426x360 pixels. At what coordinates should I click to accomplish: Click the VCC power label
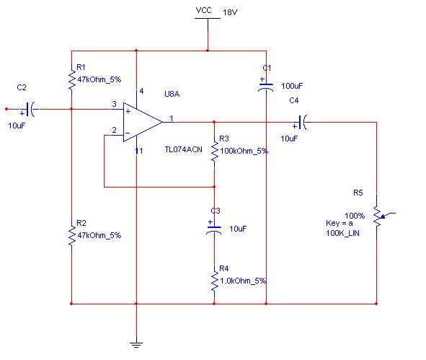click(x=203, y=10)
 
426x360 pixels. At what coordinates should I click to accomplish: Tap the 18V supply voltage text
click(x=230, y=12)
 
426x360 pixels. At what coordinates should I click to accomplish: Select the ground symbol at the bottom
click(x=136, y=345)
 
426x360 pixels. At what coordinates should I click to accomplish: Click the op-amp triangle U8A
click(x=143, y=122)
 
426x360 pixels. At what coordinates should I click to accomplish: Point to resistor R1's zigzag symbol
click(x=71, y=80)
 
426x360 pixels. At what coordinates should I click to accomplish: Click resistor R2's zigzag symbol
click(x=71, y=236)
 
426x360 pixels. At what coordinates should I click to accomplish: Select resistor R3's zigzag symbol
click(x=214, y=152)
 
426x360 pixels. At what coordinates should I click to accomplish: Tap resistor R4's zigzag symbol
click(x=214, y=281)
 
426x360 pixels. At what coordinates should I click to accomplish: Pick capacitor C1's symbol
click(x=266, y=85)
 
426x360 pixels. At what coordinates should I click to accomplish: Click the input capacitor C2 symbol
click(x=30, y=110)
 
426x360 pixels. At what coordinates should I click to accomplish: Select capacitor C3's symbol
click(x=214, y=229)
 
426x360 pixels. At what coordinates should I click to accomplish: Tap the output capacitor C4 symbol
click(x=302, y=123)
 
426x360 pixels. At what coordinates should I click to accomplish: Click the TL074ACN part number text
click(x=183, y=149)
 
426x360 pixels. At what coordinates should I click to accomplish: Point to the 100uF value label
click(x=292, y=86)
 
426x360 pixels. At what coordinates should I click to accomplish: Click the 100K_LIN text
click(x=342, y=233)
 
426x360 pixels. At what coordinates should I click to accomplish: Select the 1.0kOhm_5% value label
click(x=243, y=281)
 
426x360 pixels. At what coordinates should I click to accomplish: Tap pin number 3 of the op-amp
click(x=114, y=104)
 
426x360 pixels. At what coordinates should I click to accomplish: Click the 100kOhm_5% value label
click(x=244, y=151)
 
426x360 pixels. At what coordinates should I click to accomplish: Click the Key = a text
click(x=340, y=223)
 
